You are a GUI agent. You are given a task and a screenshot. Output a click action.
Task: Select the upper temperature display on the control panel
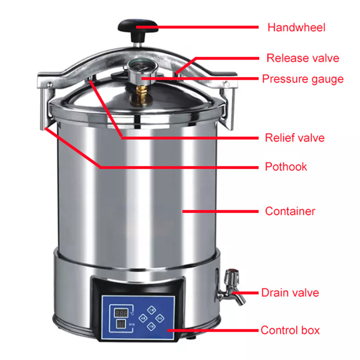click(x=121, y=312)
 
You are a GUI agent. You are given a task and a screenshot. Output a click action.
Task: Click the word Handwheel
click(x=296, y=27)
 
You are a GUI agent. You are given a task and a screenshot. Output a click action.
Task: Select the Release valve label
click(x=302, y=58)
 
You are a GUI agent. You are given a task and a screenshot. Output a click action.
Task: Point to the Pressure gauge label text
click(x=302, y=79)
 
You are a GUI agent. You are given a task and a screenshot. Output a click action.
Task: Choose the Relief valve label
click(x=294, y=138)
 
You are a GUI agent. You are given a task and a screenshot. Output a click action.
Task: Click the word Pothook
click(x=286, y=167)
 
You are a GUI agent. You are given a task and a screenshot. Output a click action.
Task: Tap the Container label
click(x=290, y=211)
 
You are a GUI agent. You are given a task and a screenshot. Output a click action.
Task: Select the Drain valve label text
click(x=290, y=293)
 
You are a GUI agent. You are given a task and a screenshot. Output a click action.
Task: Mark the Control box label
click(x=290, y=330)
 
